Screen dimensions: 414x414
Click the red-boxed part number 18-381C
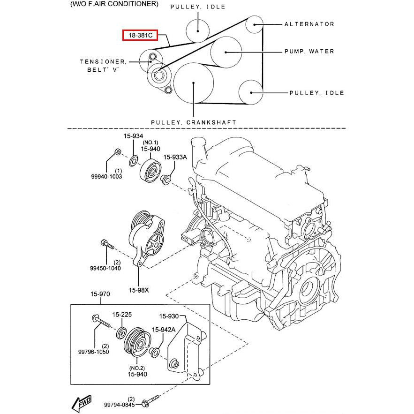pos(140,36)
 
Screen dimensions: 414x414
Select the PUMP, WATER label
pos(309,51)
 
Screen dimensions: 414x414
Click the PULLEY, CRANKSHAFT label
pos(194,122)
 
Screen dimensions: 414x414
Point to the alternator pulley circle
pos(255,23)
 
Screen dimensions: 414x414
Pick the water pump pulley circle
pos(226,52)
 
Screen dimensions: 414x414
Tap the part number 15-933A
pos(175,158)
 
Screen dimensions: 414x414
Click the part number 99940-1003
pos(106,177)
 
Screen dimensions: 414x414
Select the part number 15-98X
pos(139,290)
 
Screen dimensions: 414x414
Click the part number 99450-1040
pos(105,268)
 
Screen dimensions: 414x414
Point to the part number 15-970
pos(100,294)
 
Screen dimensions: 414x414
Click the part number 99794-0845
pos(120,404)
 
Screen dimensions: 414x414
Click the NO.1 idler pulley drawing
pos(150,172)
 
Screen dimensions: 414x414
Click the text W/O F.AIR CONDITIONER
pos(114,4)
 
